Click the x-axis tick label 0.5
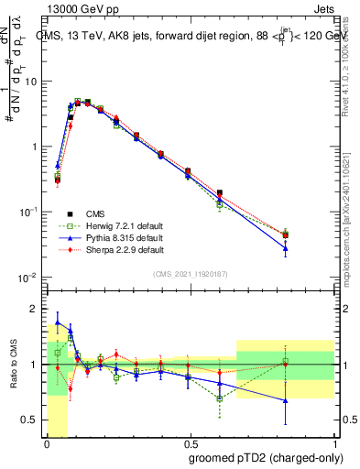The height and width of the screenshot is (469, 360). coord(190,442)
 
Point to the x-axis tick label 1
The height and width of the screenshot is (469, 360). coord(333,442)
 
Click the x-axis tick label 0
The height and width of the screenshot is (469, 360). coord(47,442)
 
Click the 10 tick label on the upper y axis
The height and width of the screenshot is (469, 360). coord(32,82)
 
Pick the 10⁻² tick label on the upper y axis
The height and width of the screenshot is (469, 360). coord(30,278)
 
